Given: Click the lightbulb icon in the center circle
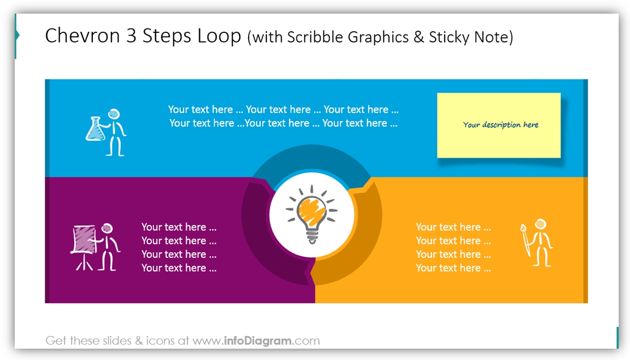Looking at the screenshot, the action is (312, 214).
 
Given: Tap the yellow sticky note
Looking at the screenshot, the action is (499, 125).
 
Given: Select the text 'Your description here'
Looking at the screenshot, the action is (501, 125).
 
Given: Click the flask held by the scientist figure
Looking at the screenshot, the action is (95, 129).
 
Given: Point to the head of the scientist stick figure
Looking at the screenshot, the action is (114, 114).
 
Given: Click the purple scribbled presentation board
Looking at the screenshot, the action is (84, 240).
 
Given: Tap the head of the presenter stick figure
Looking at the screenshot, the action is (107, 228).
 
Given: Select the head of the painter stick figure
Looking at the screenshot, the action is (541, 224).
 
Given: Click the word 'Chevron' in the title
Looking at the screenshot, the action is (82, 35).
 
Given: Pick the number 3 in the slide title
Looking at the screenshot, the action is (131, 35).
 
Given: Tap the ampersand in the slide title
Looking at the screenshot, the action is (419, 37).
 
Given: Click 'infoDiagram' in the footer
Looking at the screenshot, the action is (258, 341).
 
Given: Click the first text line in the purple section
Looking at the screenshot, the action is (179, 227).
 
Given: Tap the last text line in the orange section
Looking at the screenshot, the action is (453, 268).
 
